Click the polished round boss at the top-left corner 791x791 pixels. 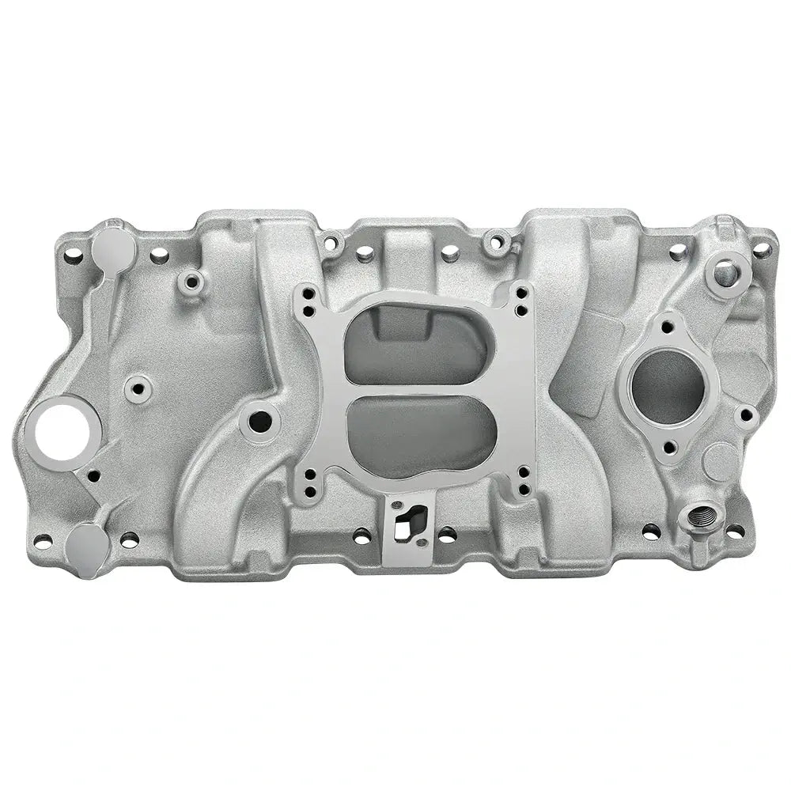pyautogui.click(x=112, y=248)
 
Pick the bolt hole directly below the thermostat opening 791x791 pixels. pyautogui.click(x=670, y=448)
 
